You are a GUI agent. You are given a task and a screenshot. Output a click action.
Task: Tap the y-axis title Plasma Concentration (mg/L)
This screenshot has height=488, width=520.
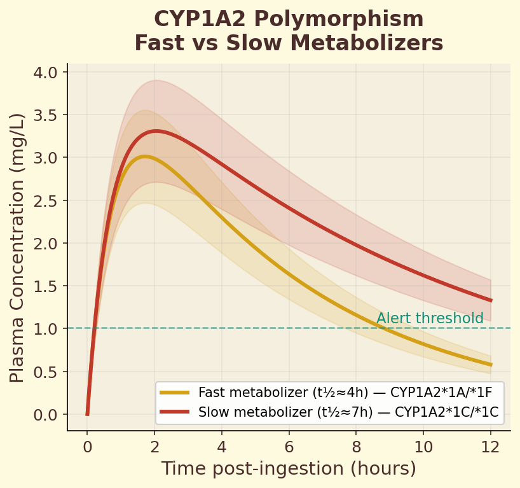click(x=17, y=247)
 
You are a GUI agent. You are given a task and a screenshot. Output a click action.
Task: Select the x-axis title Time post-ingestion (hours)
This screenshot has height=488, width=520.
click(x=289, y=468)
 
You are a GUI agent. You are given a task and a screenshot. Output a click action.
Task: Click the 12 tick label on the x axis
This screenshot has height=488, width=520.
click(x=491, y=446)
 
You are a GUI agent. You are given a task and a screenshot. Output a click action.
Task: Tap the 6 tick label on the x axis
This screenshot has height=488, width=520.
click(x=289, y=446)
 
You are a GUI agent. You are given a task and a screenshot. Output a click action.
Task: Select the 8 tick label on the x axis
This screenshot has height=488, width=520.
click(x=357, y=446)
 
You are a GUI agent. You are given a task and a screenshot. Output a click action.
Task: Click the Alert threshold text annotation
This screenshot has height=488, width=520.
click(x=430, y=319)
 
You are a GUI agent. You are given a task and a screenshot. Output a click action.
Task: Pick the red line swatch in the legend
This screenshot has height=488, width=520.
click(x=175, y=412)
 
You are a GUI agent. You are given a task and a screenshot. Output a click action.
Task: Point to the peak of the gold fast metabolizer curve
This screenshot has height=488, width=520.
click(x=145, y=157)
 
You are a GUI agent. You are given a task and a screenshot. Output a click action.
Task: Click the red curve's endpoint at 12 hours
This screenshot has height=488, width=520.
click(x=491, y=300)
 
